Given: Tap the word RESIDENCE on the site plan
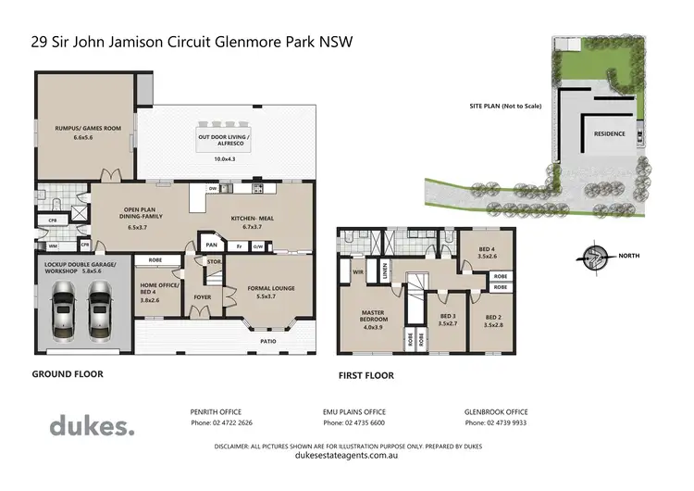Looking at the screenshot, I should tap(609, 133).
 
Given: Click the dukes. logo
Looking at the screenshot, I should tap(91, 425).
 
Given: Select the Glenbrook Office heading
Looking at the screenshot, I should tap(496, 411).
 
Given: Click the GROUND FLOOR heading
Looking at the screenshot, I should tap(68, 374).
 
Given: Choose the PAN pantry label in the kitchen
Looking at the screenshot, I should tap(212, 245).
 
